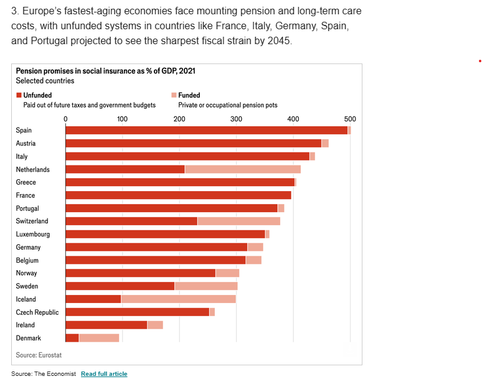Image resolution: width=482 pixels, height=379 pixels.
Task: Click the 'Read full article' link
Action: point(104,373)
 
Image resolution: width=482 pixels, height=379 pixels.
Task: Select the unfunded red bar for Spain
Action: point(206,130)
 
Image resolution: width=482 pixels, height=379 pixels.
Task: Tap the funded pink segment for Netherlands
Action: point(243,169)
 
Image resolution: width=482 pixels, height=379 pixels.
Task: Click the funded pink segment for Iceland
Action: point(178,299)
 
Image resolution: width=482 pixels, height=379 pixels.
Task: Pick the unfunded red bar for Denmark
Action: point(72,338)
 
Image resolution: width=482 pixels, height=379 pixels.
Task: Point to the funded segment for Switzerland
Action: point(239,221)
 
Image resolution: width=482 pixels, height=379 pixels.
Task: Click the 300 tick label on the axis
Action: point(236,119)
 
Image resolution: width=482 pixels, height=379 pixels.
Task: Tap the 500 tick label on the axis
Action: point(350,119)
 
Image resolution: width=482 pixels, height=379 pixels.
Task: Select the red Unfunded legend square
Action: point(19,95)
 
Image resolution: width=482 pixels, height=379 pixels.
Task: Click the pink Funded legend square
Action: point(174,95)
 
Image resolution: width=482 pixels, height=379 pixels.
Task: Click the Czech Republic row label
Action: point(37,312)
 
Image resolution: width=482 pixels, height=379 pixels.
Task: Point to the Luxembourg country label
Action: point(33,234)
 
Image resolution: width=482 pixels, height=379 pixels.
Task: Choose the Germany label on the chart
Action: point(29,247)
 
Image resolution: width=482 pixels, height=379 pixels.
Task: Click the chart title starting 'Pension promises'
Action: point(105,71)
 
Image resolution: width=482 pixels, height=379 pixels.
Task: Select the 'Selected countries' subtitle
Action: point(45,81)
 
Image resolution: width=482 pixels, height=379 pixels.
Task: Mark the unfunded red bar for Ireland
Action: point(106,325)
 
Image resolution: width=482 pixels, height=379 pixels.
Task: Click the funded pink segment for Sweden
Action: point(206,286)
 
